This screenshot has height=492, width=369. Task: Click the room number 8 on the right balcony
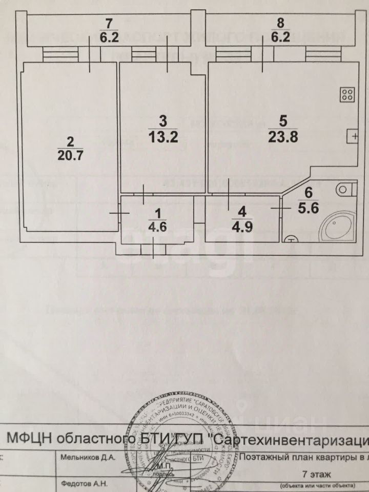279,23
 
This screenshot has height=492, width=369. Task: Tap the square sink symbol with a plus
353,135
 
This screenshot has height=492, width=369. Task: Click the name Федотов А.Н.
84,483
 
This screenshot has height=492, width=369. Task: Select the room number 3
163,121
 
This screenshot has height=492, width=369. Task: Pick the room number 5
282,122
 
